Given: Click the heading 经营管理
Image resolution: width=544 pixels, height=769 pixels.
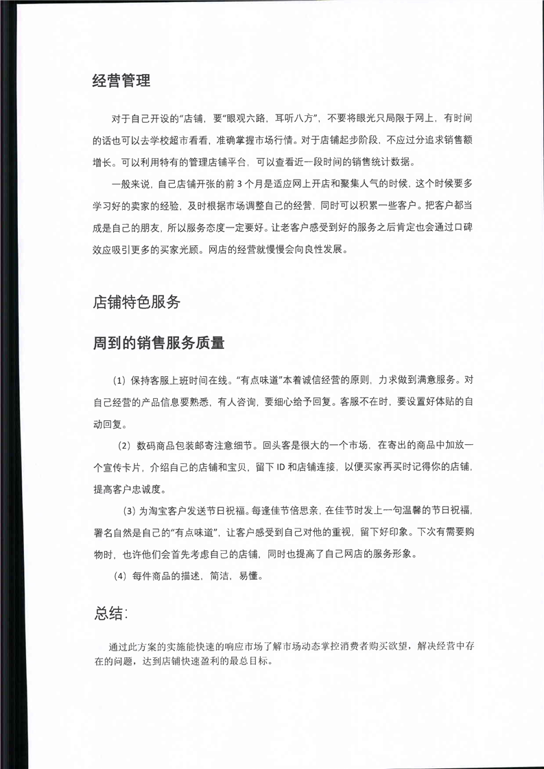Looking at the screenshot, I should [121, 82].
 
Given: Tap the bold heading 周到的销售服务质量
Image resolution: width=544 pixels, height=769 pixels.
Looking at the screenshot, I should [158, 343].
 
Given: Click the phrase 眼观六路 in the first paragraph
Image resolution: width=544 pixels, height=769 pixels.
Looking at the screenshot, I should [246, 119].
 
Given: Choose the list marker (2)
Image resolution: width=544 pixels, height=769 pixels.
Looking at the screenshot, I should [124, 445].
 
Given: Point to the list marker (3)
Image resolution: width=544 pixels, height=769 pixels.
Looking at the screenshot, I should [129, 511].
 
